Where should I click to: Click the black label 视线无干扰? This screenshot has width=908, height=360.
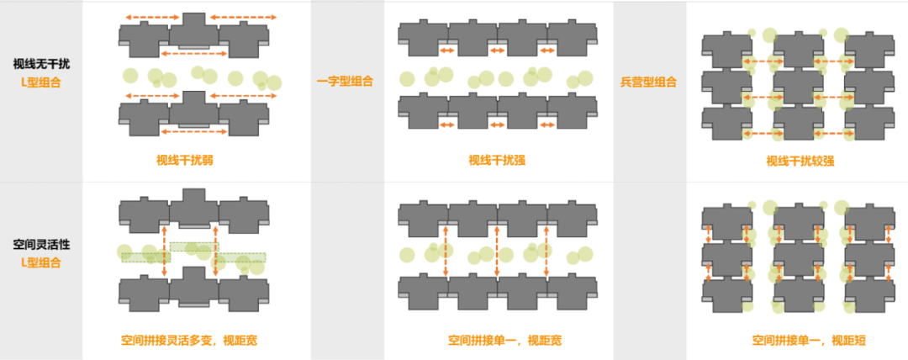click(42, 63)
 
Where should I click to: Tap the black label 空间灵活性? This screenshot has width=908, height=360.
click(42, 244)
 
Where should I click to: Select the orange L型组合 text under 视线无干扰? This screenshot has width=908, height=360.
click(42, 82)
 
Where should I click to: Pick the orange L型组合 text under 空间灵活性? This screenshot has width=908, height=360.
click(42, 262)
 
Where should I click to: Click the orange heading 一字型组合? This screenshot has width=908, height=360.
click(345, 82)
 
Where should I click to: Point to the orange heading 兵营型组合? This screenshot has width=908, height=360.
click(648, 82)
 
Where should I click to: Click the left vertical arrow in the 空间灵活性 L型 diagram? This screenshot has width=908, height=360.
click(165, 251)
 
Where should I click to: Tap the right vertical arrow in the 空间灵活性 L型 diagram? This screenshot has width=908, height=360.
click(216, 251)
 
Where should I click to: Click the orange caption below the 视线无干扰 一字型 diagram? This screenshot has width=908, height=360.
click(497, 160)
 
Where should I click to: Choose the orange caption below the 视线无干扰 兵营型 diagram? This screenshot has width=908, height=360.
click(800, 160)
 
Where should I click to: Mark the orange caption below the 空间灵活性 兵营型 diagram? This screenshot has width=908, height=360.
click(808, 341)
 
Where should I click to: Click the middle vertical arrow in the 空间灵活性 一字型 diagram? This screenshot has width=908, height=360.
click(497, 251)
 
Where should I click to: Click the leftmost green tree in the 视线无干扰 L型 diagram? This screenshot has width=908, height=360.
click(129, 76)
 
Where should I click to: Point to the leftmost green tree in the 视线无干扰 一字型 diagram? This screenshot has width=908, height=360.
click(407, 79)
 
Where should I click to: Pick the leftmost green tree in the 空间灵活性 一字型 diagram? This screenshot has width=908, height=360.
click(407, 254)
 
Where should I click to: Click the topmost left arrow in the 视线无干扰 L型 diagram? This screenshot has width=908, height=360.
click(152, 17)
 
